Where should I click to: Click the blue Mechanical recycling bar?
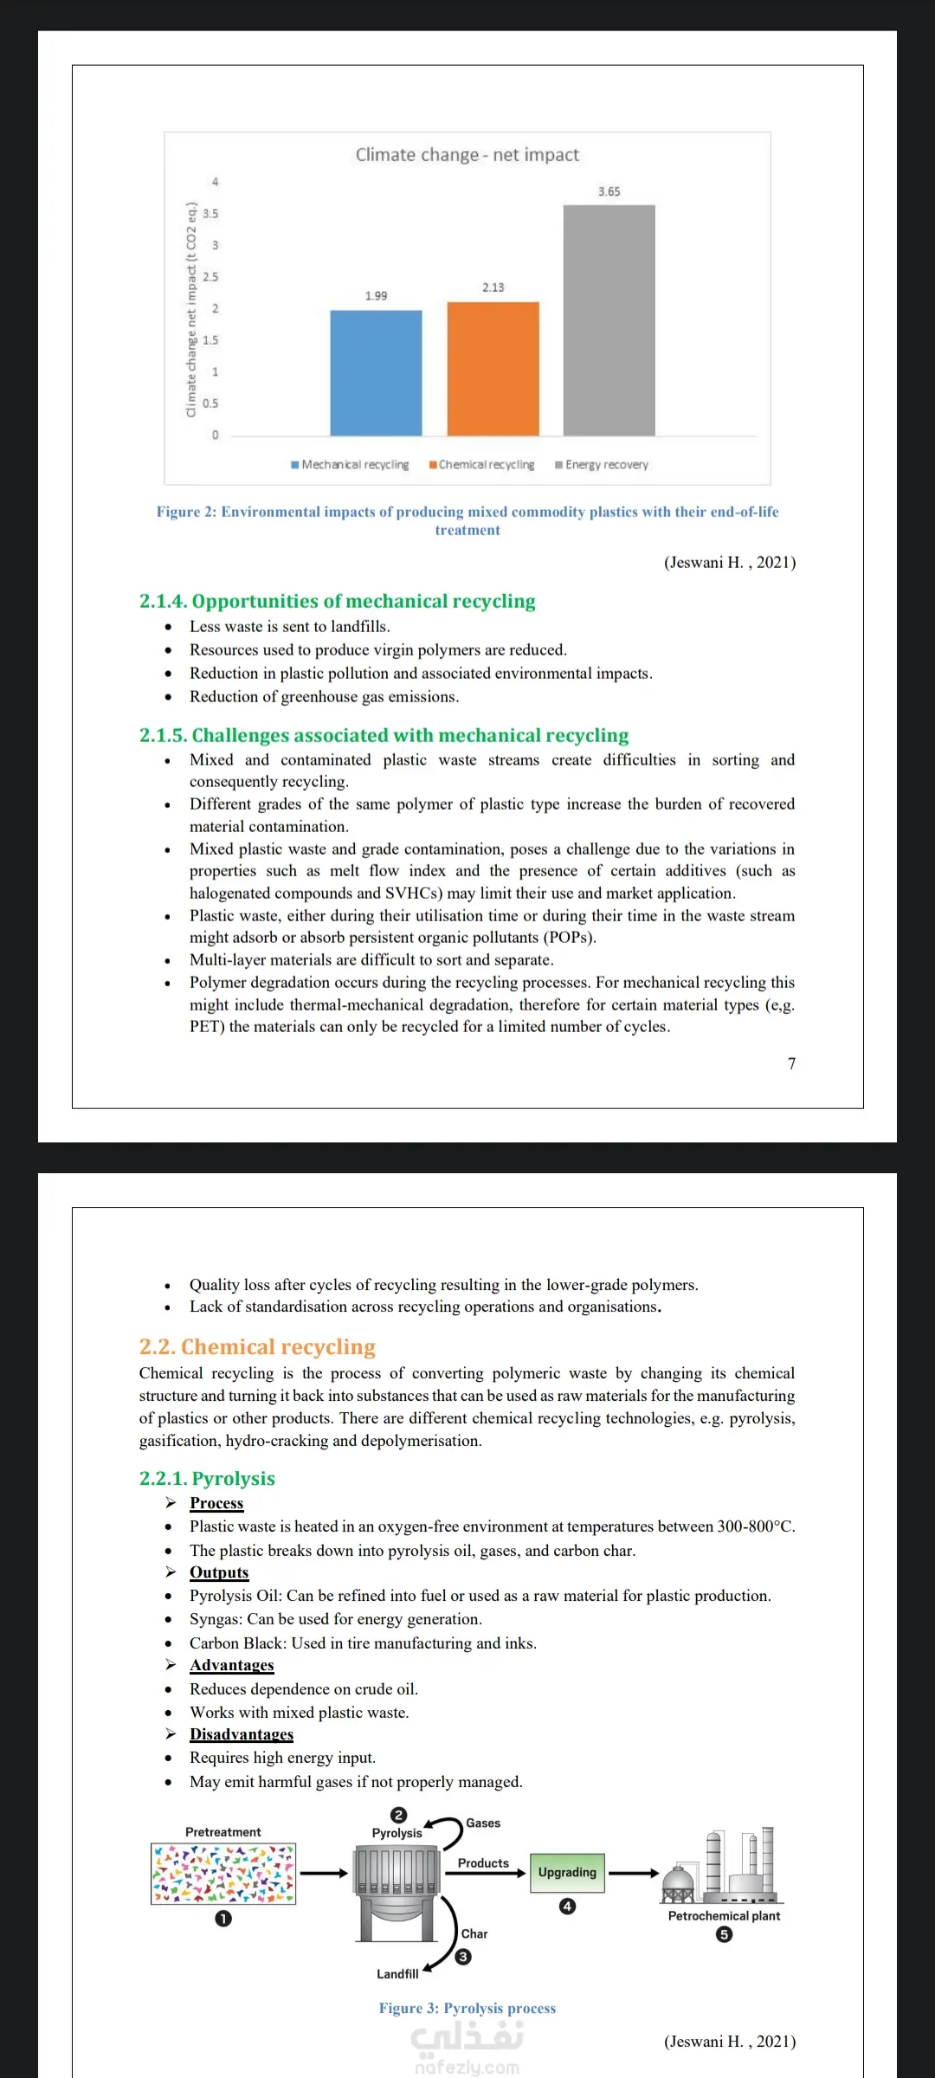click(376, 372)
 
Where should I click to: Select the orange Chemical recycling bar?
click(493, 368)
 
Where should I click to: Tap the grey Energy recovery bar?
click(609, 320)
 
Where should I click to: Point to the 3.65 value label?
click(609, 191)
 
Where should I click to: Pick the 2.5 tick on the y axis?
click(210, 277)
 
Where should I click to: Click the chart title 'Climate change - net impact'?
click(467, 155)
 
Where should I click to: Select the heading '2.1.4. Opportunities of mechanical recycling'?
click(337, 601)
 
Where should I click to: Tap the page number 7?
click(791, 1063)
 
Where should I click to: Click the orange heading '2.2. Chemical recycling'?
click(257, 1347)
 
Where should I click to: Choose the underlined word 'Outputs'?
click(219, 1572)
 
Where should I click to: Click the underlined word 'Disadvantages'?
click(242, 1734)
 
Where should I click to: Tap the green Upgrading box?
click(567, 1872)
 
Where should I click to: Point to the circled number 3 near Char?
click(464, 1957)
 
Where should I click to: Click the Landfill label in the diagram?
click(397, 1974)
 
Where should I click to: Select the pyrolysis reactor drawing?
click(397, 1892)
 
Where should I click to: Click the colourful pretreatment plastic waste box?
click(223, 1874)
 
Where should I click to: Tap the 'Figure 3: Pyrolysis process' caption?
click(467, 2008)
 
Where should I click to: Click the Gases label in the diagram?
click(483, 1823)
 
